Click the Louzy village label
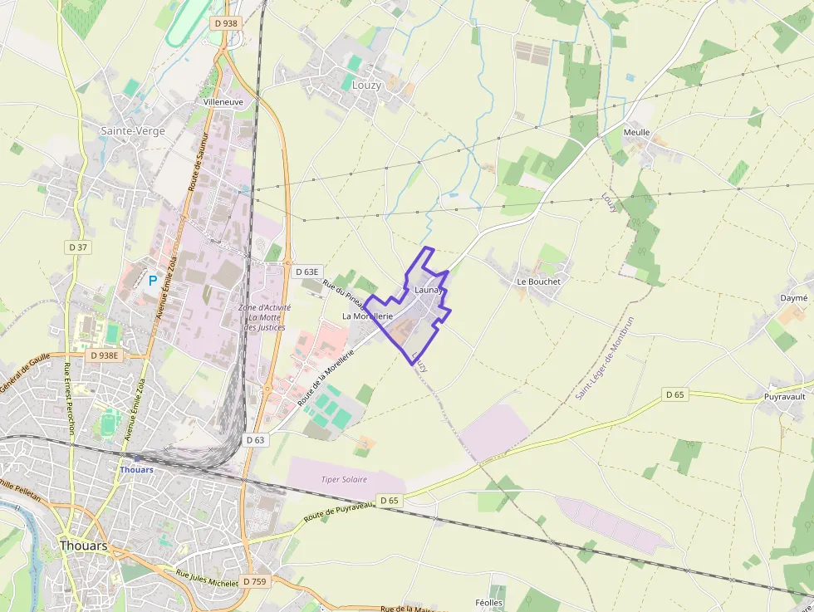[x=366, y=86]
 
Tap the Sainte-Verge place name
[x=132, y=131]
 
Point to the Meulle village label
[x=636, y=133]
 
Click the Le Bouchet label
[x=538, y=282]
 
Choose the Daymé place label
[x=793, y=297]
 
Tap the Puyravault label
[x=784, y=397]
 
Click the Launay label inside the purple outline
[x=427, y=291]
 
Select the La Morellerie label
[x=367, y=316]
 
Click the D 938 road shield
[x=224, y=23]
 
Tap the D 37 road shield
[x=78, y=247]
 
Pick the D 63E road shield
[x=306, y=272]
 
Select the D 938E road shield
[x=105, y=355]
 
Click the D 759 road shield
[x=255, y=581]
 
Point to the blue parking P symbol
[x=152, y=281]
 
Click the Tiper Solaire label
[x=344, y=480]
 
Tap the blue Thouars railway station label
[x=136, y=469]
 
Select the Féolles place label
[x=488, y=603]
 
